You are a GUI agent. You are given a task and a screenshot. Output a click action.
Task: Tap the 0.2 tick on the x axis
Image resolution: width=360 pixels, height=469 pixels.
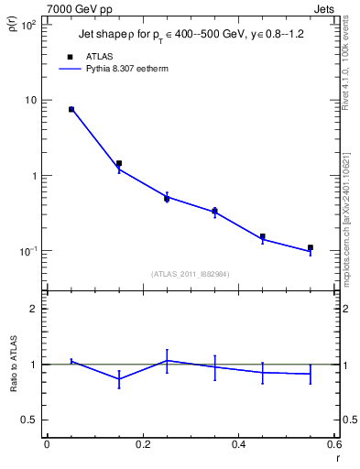point(142,444)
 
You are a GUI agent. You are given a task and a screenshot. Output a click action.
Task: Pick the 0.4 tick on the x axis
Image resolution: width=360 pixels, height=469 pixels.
point(238,444)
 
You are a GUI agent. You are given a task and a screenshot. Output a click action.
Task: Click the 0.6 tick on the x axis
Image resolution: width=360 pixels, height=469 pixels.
point(334,444)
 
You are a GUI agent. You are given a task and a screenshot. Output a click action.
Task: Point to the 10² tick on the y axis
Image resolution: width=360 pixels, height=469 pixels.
point(29,25)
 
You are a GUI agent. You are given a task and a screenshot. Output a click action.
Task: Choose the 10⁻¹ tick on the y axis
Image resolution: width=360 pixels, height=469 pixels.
point(29,251)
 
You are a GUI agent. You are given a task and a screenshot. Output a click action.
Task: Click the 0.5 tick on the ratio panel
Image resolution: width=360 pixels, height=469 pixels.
point(31,420)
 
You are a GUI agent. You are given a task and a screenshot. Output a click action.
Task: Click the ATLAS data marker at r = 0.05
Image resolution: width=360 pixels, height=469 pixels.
point(71,109)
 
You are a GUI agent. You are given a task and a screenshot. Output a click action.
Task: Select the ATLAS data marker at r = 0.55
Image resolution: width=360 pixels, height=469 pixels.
point(311,247)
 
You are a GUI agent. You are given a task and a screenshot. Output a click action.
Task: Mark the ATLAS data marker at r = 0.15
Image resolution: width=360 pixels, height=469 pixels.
point(119,163)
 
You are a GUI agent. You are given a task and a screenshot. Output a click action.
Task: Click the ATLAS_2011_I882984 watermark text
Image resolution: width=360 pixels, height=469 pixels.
point(190,273)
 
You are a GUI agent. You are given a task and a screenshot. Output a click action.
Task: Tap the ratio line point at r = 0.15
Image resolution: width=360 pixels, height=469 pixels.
point(119,379)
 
